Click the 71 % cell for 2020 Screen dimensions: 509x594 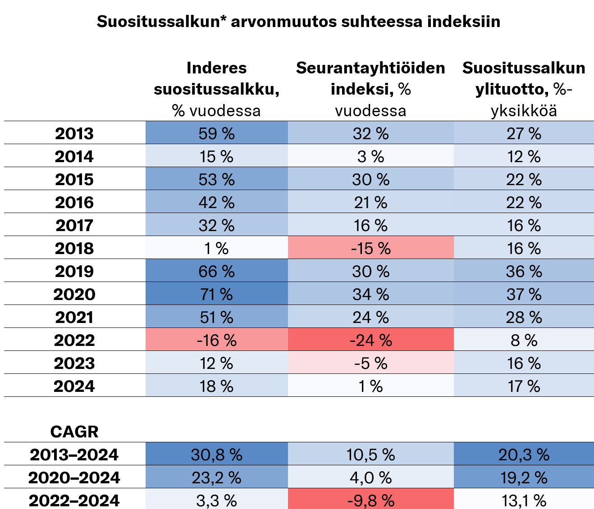pyautogui.click(x=216, y=295)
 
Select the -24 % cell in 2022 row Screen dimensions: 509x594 pyautogui.click(x=370, y=341)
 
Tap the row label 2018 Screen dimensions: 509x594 pyautogui.click(x=74, y=249)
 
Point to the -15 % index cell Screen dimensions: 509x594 pyautogui.click(x=370, y=249)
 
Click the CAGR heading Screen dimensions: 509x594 pyautogui.click(x=74, y=432)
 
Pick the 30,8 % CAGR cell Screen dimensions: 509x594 pyautogui.click(x=216, y=454)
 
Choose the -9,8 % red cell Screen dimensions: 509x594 pyautogui.click(x=370, y=500)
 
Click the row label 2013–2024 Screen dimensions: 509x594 pyautogui.click(x=74, y=454)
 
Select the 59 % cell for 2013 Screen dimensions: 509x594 pyautogui.click(x=216, y=134)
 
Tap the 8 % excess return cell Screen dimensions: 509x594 pyautogui.click(x=524, y=341)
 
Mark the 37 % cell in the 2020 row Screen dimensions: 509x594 pyautogui.click(x=524, y=295)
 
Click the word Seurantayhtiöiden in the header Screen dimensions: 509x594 pyautogui.click(x=370, y=68)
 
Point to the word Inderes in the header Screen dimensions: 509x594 pyautogui.click(x=216, y=68)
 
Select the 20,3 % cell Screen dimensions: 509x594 pyautogui.click(x=524, y=454)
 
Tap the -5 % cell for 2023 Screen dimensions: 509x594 pyautogui.click(x=370, y=364)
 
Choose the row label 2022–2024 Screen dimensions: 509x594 pyautogui.click(x=74, y=500)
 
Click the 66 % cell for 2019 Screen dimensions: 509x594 pyautogui.click(x=216, y=272)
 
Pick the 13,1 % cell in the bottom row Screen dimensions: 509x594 pyautogui.click(x=524, y=500)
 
